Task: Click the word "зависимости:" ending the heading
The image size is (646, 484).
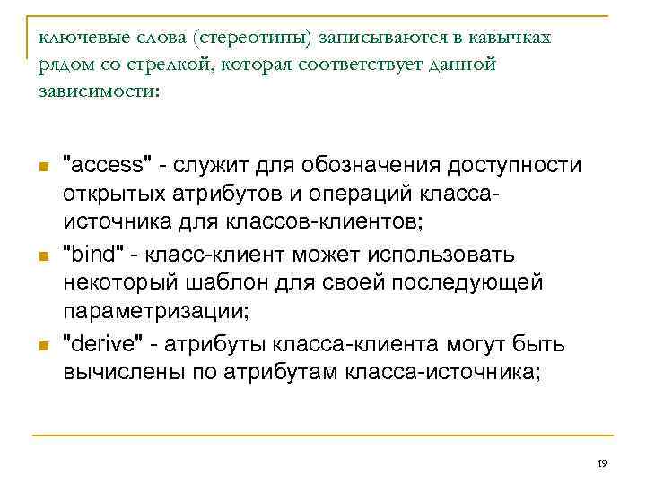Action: click(x=98, y=91)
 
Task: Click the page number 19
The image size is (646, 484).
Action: click(x=602, y=463)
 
